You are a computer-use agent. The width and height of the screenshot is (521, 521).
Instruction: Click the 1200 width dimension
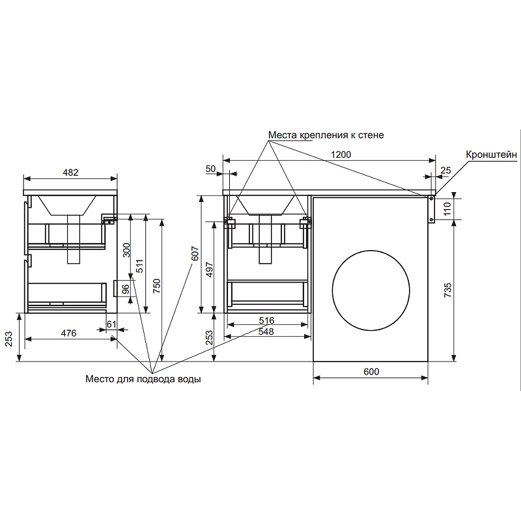[341, 154]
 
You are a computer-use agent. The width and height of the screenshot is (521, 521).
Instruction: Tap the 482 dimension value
[70, 173]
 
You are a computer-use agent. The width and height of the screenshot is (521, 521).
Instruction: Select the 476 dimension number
[69, 333]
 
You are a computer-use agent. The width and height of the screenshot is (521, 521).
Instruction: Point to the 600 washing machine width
[371, 371]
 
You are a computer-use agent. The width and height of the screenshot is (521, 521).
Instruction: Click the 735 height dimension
[447, 290]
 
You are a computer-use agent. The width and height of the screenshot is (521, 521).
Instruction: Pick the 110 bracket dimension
[447, 208]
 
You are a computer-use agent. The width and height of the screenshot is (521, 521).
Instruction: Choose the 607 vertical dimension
[195, 253]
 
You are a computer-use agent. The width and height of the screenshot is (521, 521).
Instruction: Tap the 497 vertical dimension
[209, 270]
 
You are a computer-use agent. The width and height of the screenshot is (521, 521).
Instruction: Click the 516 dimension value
[266, 320]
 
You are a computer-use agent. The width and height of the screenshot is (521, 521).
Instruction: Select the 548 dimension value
[266, 331]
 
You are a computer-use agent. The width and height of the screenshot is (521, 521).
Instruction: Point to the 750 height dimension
[156, 286]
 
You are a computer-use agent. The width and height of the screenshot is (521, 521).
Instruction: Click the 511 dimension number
[139, 266]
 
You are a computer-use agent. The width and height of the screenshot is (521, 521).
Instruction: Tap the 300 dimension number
[126, 250]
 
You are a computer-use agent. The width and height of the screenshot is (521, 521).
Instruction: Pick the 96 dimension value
[125, 289]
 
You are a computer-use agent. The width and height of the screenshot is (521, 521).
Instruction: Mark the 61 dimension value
[111, 324]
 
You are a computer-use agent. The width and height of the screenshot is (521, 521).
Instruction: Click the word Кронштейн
[492, 154]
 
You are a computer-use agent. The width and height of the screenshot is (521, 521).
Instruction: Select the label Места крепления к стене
[326, 135]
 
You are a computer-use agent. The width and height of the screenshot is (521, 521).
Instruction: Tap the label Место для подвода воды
[143, 379]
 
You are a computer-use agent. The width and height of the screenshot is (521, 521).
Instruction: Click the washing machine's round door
[371, 290]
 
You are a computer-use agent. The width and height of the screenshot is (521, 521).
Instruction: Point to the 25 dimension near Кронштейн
[445, 170]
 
